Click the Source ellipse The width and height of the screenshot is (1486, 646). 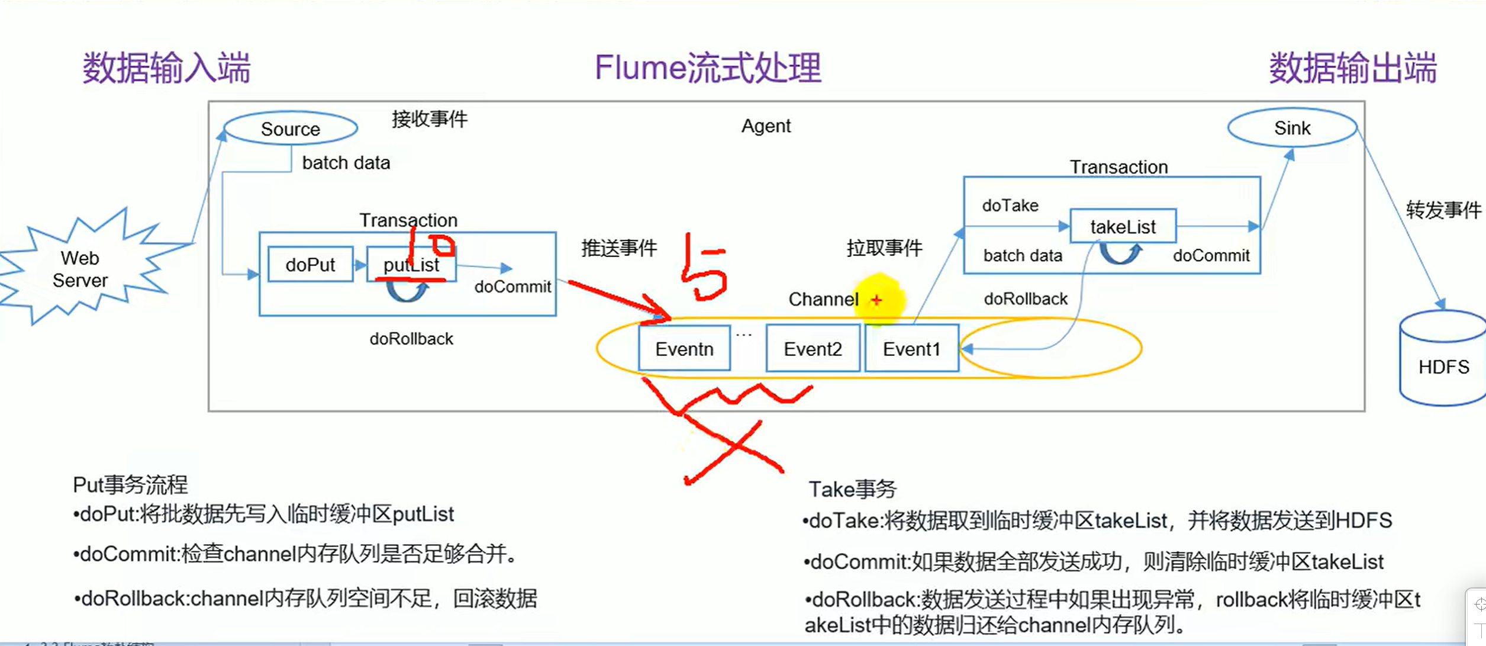[290, 128]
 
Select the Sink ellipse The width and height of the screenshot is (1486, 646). [1292, 128]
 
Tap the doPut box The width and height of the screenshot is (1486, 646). [310, 265]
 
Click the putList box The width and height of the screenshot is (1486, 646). [411, 265]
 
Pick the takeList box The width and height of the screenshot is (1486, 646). [1123, 226]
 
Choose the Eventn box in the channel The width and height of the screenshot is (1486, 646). [684, 349]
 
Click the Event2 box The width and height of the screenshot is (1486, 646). [813, 349]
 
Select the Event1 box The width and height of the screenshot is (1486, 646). [911, 349]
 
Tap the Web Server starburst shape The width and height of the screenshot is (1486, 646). [80, 269]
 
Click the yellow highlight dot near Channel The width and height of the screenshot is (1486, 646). [880, 300]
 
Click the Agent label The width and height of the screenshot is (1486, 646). [766, 126]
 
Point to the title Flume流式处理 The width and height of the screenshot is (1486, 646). [708, 68]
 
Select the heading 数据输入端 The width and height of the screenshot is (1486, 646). [166, 68]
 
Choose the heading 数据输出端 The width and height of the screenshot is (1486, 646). [1353, 68]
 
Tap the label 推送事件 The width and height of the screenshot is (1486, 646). [619, 248]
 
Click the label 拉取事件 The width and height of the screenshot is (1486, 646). [884, 248]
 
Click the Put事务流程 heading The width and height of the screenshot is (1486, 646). [130, 485]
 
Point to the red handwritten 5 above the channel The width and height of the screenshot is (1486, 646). [703, 269]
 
